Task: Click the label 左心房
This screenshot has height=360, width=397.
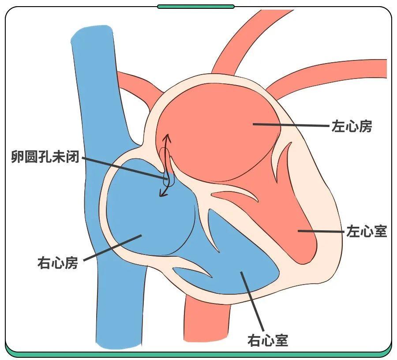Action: (x=352, y=127)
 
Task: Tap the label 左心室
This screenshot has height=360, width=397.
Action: (x=367, y=231)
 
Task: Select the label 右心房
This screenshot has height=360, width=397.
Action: (x=58, y=263)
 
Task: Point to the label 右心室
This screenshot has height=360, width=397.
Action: (x=268, y=340)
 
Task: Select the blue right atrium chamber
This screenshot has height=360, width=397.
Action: (x=141, y=216)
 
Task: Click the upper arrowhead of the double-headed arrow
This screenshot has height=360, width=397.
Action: (x=167, y=136)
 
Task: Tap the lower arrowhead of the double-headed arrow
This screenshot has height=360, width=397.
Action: (x=162, y=194)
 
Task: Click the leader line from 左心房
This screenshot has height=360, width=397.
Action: (x=291, y=125)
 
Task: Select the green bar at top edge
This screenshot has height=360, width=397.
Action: (x=196, y=7)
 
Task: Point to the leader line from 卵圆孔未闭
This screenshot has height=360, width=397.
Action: (x=124, y=168)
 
